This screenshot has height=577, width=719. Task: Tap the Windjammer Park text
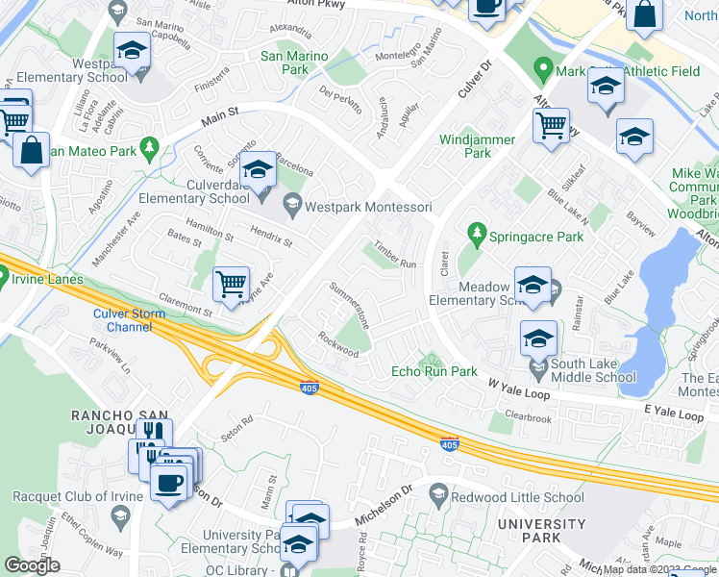point(477,146)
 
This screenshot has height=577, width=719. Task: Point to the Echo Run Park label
point(434,371)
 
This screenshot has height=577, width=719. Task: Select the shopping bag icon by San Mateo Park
point(31,151)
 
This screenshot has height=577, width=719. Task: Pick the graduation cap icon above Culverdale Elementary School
point(258,171)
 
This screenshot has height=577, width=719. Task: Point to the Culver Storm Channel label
point(129,320)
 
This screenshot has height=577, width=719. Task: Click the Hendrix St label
point(270,237)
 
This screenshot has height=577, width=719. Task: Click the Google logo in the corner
point(32,565)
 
